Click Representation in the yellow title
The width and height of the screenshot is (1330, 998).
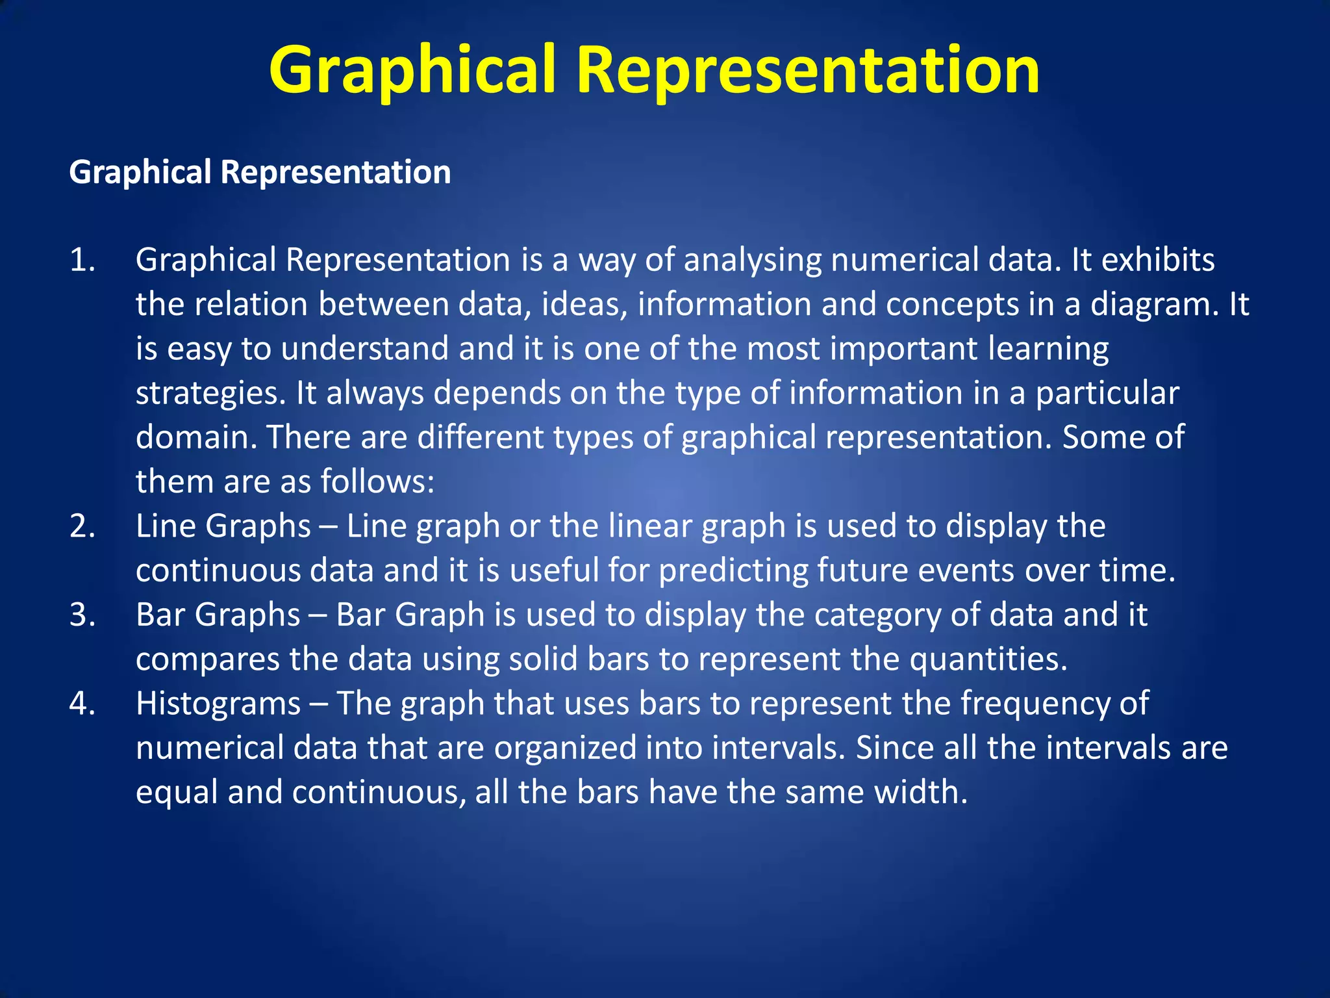tap(808, 70)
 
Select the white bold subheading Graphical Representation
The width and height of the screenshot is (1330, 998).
tap(260, 173)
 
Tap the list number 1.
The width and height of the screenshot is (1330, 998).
tap(82, 260)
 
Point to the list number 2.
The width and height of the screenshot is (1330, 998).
tap(82, 526)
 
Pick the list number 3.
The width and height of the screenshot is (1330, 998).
tap(82, 615)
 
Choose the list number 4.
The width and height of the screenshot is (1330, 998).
tap(82, 704)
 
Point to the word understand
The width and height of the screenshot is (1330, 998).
tap(364, 349)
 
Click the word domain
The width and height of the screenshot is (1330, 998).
tap(195, 437)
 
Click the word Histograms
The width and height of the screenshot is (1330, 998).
tap(218, 704)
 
